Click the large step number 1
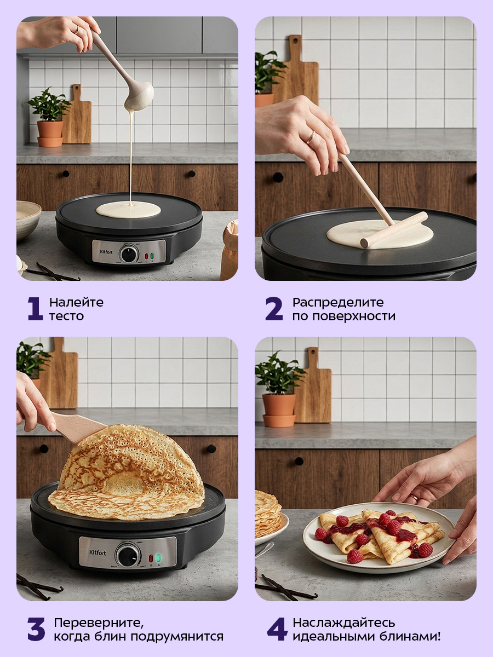35,309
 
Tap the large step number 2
274,309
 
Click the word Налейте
76,302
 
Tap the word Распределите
338,303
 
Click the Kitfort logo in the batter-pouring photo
106,252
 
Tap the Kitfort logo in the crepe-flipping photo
98,552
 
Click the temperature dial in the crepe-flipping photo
128,556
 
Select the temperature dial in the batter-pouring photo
129,254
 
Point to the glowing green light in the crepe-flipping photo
158,557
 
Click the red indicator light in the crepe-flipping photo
151,558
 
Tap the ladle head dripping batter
139,97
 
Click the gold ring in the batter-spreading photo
311,137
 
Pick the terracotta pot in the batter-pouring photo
50,134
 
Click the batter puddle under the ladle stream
128,209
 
